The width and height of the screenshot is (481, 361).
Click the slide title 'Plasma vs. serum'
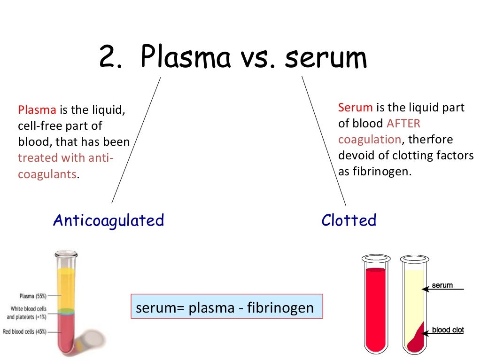coord(233,58)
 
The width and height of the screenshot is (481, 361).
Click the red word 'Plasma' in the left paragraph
coord(37,110)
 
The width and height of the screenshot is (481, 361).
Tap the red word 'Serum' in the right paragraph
coord(355,108)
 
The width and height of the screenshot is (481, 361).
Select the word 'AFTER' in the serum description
coord(403,124)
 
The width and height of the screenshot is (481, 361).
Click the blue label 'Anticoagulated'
coord(109,220)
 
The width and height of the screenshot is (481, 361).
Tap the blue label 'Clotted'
coord(349,220)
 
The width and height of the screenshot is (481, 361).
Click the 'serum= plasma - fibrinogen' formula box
coord(226,307)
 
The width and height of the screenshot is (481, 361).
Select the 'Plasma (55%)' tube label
coord(32,296)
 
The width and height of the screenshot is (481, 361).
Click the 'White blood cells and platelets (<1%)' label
coord(29,313)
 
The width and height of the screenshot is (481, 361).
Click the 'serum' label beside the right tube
coord(442,285)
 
